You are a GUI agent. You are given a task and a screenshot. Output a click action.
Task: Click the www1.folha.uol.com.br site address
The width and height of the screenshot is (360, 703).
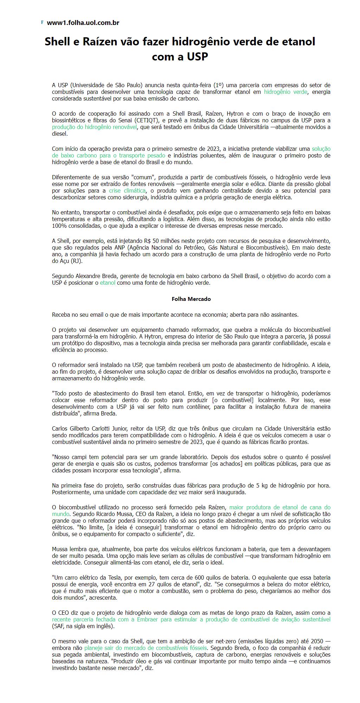click(83, 23)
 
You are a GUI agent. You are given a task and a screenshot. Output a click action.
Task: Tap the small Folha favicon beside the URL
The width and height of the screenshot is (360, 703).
click(42, 22)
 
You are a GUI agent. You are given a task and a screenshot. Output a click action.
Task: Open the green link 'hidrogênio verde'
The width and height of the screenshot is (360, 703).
click(285, 92)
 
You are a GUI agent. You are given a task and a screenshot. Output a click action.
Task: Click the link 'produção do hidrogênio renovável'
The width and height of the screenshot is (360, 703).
click(94, 127)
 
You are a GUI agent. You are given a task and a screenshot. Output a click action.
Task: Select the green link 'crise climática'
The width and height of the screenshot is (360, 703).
click(127, 191)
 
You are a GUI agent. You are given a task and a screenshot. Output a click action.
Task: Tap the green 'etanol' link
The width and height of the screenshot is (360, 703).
click(108, 283)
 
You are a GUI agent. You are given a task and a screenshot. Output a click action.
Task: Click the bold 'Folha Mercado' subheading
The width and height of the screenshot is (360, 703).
click(191, 299)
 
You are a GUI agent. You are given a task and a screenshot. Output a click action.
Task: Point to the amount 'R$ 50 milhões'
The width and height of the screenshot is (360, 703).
click(161, 241)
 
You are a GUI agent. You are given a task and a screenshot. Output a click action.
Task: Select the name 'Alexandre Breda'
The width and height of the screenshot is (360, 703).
click(94, 276)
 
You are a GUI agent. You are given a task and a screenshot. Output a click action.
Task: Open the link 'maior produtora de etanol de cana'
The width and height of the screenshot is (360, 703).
click(280, 507)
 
